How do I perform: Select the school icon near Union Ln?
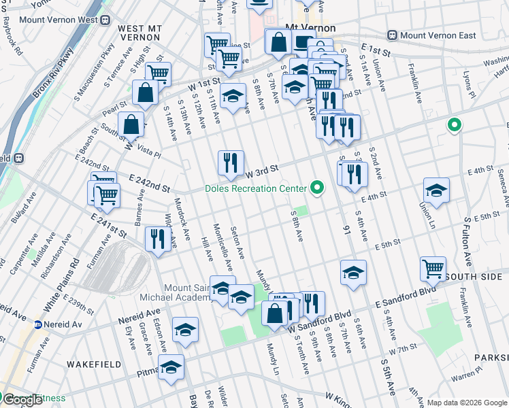[x=436, y=190]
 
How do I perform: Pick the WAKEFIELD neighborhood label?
[x=94, y=364]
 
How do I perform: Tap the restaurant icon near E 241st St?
[x=157, y=239]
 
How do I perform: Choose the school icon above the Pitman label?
[x=185, y=329]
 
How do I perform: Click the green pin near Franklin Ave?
[x=454, y=126]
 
